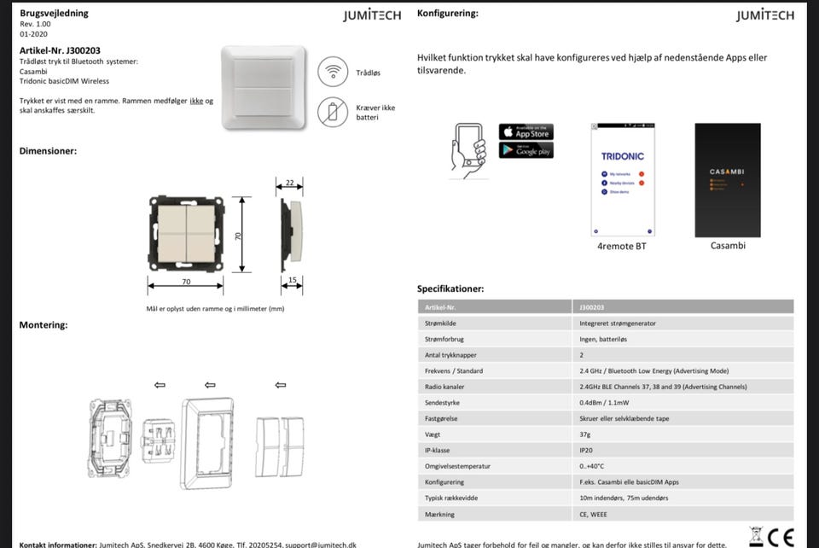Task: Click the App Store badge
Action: click(x=526, y=132)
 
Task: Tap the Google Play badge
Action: click(x=526, y=150)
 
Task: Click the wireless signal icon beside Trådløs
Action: click(x=333, y=72)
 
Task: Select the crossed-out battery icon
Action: click(x=333, y=112)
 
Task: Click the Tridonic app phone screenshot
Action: click(x=623, y=180)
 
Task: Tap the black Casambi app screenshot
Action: click(x=727, y=180)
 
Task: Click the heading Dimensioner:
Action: click(x=48, y=151)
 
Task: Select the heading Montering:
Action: click(x=44, y=325)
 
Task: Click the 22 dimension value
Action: click(x=289, y=184)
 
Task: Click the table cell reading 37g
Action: click(x=585, y=434)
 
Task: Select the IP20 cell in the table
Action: click(x=586, y=451)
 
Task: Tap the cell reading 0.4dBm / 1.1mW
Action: click(x=604, y=403)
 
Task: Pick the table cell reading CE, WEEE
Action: click(x=595, y=514)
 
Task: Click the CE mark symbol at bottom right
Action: click(x=781, y=537)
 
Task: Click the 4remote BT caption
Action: click(x=623, y=246)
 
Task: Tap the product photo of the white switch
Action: click(x=263, y=87)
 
